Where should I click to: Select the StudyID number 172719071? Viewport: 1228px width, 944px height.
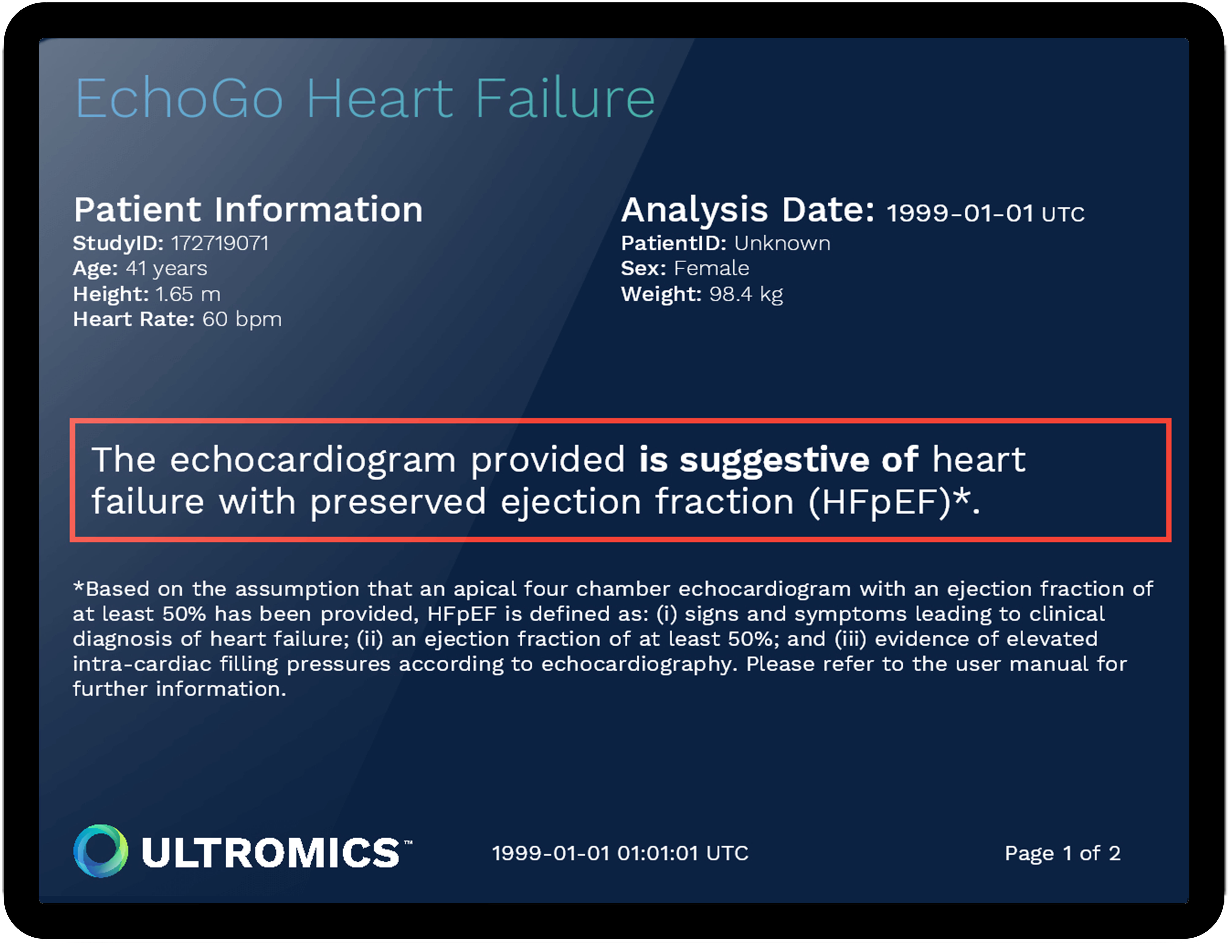pyautogui.click(x=220, y=243)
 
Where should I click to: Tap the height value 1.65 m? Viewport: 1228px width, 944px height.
pyautogui.click(x=188, y=294)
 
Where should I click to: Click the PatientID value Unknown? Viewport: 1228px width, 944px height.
pyautogui.click(x=782, y=243)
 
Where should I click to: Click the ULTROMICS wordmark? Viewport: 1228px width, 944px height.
pyautogui.click(x=271, y=852)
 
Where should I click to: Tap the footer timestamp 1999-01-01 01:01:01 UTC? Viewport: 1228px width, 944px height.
pyautogui.click(x=620, y=853)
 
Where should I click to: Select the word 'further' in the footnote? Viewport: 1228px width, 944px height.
pyautogui.click(x=110, y=689)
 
